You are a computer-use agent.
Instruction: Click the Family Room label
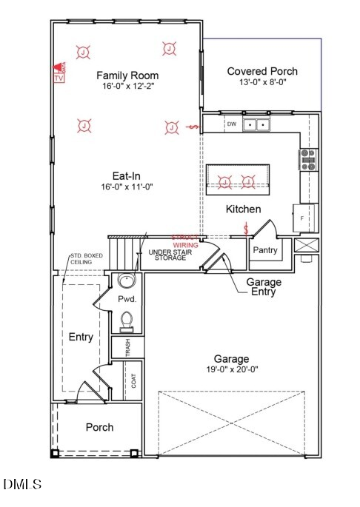coord(127,75)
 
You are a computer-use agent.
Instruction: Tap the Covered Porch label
coord(262,71)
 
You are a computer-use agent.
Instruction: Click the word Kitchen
coord(243,209)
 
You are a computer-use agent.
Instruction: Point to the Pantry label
coord(264,250)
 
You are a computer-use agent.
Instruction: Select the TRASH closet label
coord(127,348)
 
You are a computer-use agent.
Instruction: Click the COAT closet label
coord(134,381)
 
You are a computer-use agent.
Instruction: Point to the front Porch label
coord(100,427)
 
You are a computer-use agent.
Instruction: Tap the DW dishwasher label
coord(231,124)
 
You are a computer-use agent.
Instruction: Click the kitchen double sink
coord(256,125)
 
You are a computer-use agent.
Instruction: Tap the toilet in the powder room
coord(127,321)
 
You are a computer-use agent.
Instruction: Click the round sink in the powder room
coord(127,282)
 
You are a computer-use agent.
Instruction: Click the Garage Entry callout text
coord(261,286)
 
